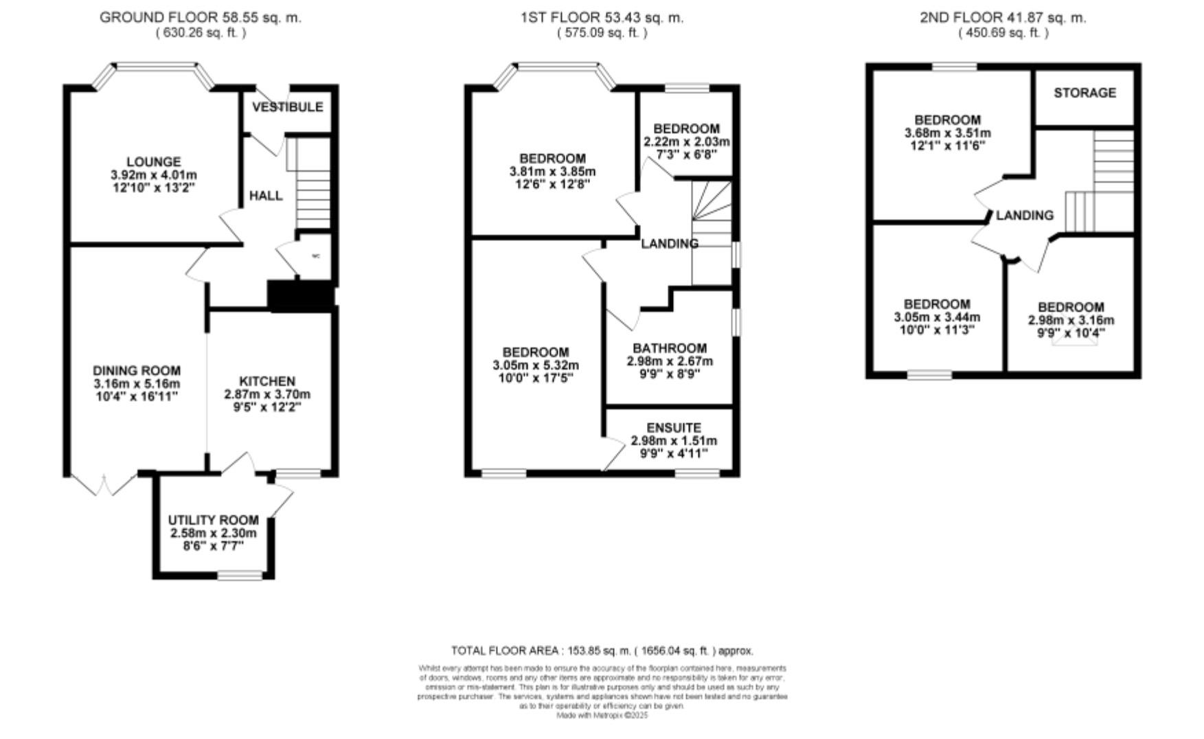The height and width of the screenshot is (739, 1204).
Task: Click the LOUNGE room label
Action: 154,162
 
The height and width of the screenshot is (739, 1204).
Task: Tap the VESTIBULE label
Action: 287,107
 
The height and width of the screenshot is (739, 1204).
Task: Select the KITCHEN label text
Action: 267,381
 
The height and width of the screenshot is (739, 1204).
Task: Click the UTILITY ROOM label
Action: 214,520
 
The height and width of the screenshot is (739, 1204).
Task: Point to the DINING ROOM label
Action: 137,371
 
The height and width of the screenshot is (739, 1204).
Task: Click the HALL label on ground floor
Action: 266,196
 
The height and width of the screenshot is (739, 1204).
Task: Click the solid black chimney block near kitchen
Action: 300,296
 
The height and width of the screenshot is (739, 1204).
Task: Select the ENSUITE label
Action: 674,428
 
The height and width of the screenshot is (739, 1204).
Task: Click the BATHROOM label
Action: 670,348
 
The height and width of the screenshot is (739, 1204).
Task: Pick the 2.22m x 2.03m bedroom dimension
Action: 686,141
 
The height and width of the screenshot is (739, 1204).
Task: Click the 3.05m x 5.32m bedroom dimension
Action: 536,365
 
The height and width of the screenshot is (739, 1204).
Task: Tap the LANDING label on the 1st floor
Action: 670,243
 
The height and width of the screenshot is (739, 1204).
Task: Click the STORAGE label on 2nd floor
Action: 1084,93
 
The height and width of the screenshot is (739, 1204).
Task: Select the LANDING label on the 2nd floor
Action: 1024,215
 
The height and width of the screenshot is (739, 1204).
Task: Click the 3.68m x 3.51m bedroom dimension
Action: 948,133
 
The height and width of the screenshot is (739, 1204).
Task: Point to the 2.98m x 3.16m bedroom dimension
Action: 1071,320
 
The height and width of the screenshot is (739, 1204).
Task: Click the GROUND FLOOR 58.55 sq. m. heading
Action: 201,18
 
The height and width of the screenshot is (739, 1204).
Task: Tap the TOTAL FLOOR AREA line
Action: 602,650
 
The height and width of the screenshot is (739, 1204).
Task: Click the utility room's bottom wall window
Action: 240,575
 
